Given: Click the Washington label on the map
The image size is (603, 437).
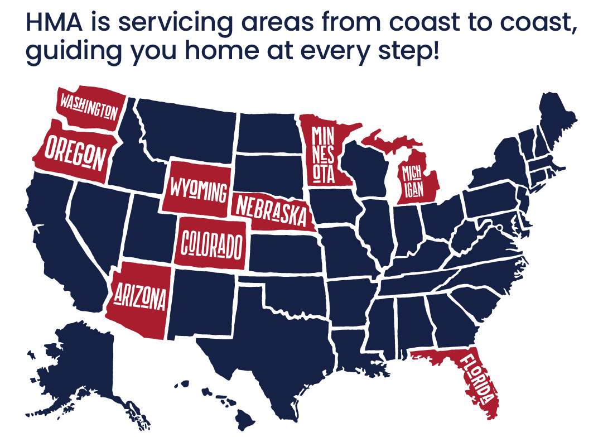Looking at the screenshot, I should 89,107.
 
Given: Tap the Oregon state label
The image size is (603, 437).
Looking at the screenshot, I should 75,152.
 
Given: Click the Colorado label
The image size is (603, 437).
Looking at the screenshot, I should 212,243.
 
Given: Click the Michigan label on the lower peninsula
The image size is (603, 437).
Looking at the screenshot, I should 413,181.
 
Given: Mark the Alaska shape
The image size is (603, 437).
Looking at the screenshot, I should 84,357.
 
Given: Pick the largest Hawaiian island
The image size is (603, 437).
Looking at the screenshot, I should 246,415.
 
